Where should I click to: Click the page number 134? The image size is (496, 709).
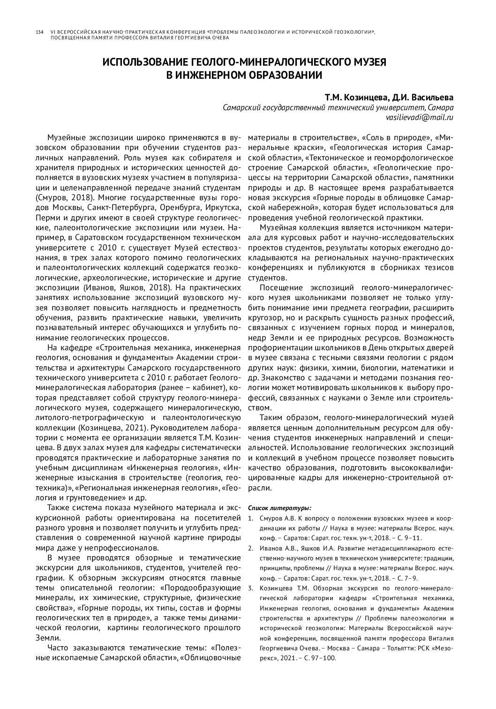click(40, 32)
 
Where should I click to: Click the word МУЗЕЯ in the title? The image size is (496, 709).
click(365, 62)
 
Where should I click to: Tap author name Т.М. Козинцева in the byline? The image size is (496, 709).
click(356, 98)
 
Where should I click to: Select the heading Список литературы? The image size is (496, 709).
click(279, 507)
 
